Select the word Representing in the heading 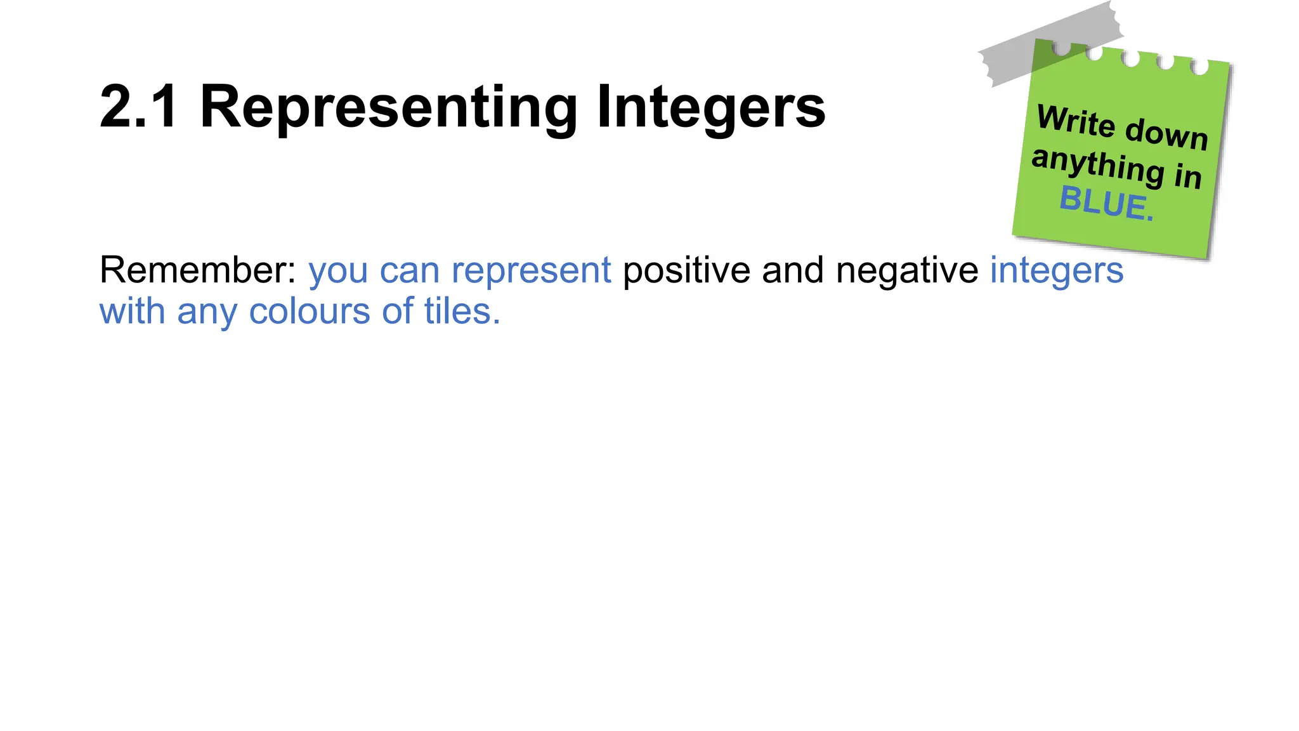388,108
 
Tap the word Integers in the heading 710,108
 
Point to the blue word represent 531,271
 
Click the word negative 907,271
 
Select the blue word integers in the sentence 1057,271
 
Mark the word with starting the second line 133,312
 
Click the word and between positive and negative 793,270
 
